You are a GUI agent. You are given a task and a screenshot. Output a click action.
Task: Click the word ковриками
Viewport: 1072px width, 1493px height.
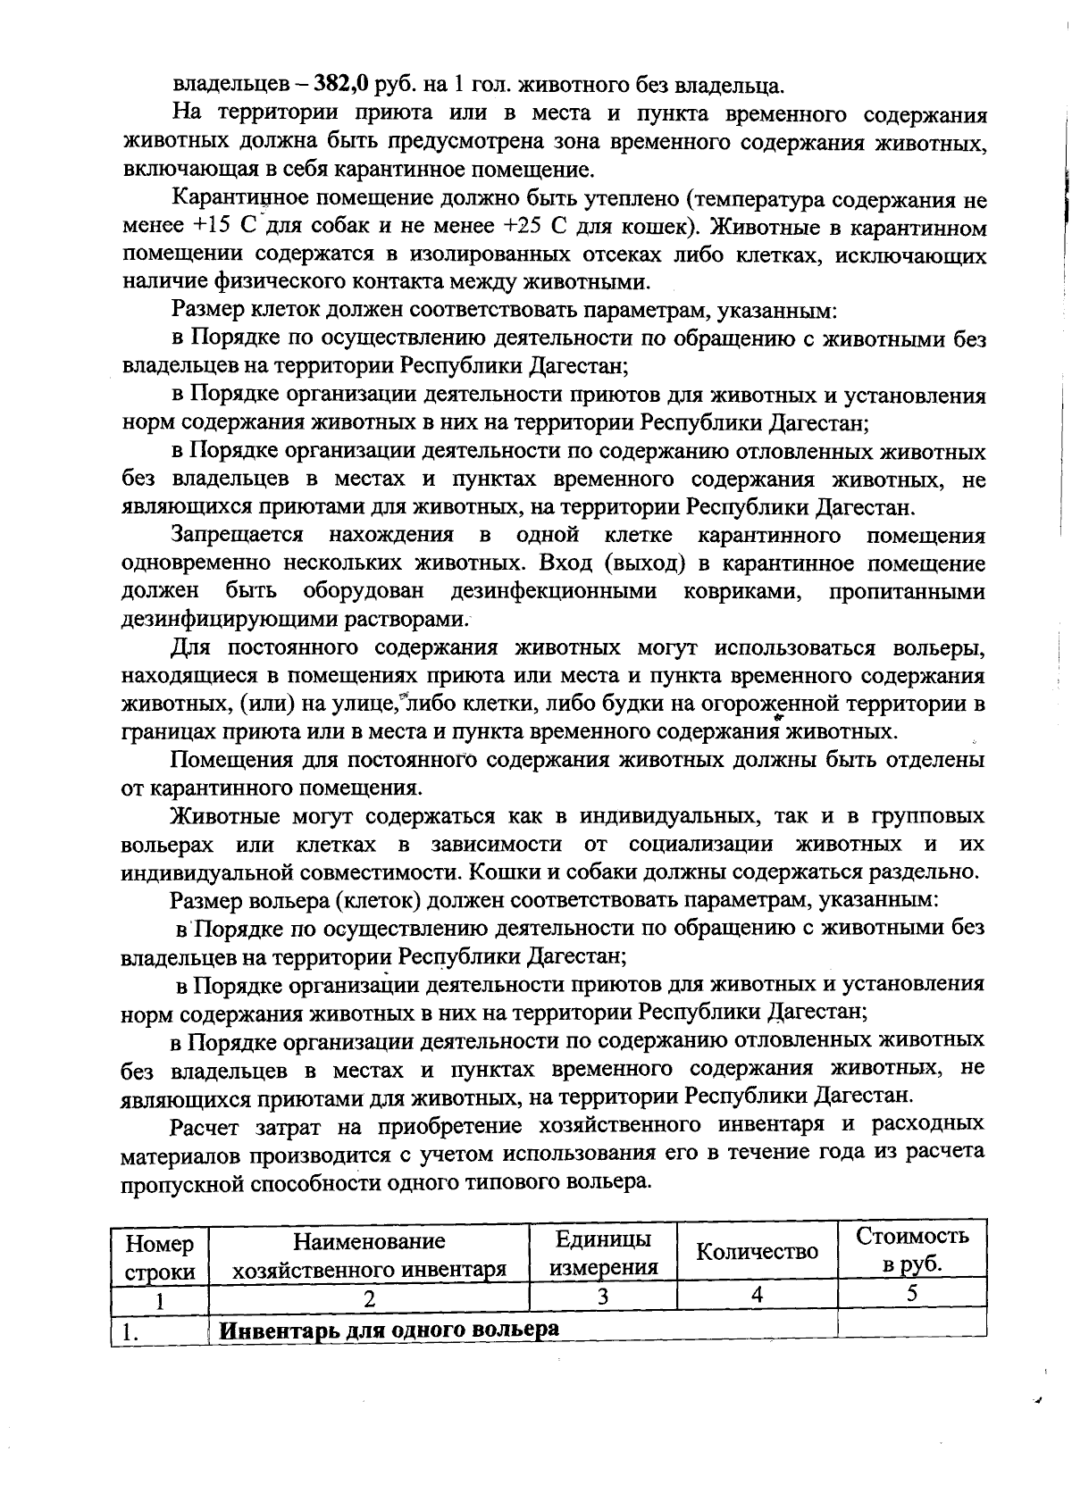[x=741, y=591]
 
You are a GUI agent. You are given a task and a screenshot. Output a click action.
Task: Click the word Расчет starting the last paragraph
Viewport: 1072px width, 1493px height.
[x=212, y=1124]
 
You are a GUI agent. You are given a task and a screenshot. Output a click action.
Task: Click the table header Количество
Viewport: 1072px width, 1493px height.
[x=757, y=1251]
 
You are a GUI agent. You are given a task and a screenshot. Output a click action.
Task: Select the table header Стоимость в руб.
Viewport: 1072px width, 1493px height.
[x=911, y=1249]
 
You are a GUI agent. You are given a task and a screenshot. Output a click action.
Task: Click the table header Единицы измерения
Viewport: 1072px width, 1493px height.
[x=603, y=1251]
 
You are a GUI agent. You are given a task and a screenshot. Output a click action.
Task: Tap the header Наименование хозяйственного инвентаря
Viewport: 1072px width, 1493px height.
[x=369, y=1254]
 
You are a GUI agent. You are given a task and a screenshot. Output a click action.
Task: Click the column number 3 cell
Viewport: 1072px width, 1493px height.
[x=603, y=1297]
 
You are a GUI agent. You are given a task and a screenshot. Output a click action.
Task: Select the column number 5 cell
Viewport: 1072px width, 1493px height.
[x=911, y=1295]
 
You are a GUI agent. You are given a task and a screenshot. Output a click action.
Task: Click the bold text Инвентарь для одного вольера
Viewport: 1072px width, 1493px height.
[x=389, y=1329]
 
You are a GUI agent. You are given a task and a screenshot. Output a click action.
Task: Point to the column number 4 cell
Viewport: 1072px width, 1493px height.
[x=757, y=1296]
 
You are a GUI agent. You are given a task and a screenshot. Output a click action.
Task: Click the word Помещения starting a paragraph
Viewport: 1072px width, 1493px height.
[x=231, y=760]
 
